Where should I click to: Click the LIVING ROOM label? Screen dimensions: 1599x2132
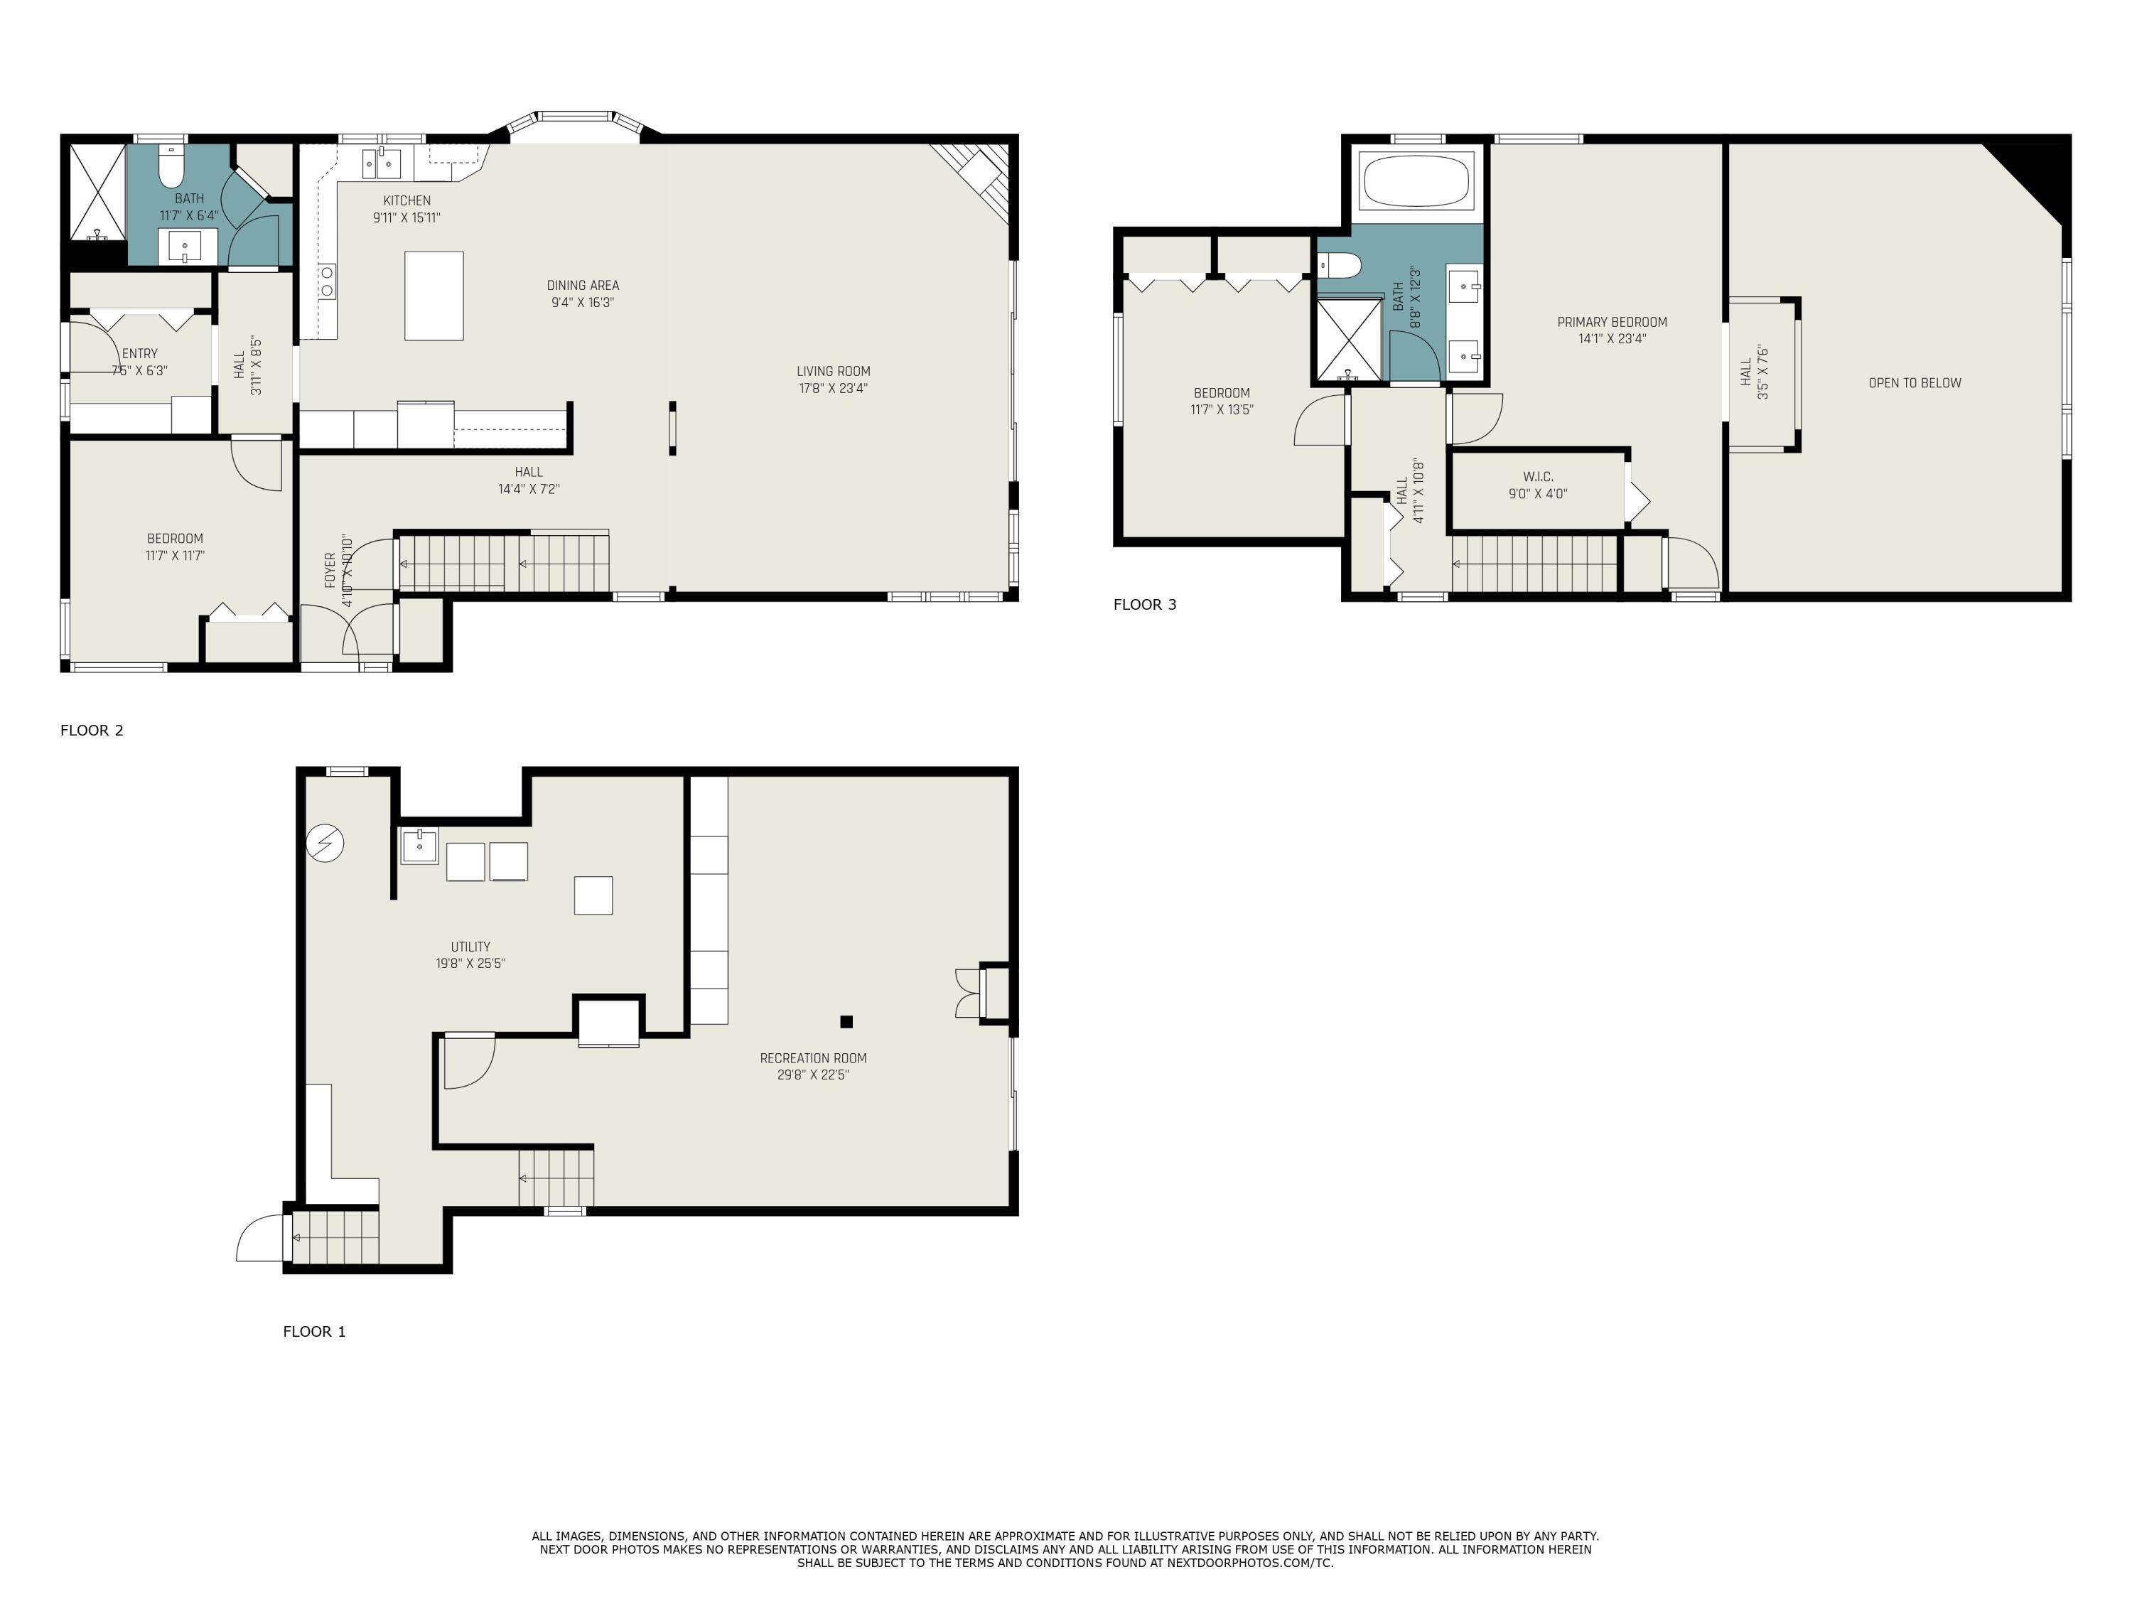[x=833, y=371]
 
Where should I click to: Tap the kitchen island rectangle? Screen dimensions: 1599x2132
[x=434, y=295]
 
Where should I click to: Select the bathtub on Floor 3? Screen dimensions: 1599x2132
[x=1417, y=181]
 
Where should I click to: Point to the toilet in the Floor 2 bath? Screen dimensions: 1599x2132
[x=171, y=168]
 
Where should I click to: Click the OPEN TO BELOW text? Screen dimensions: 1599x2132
[x=1914, y=382]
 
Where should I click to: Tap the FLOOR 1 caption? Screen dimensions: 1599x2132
[x=313, y=1331]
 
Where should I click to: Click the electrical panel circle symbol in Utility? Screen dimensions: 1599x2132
[x=325, y=844]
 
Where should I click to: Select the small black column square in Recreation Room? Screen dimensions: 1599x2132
[x=846, y=1022]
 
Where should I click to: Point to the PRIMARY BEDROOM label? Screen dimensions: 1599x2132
[x=1612, y=322]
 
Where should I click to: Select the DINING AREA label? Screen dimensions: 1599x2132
[x=582, y=285]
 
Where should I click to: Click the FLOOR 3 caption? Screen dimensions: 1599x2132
[x=1144, y=604]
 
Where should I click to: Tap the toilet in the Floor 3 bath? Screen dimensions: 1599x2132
[x=1337, y=263]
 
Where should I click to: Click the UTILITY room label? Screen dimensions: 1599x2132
[x=470, y=947]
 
